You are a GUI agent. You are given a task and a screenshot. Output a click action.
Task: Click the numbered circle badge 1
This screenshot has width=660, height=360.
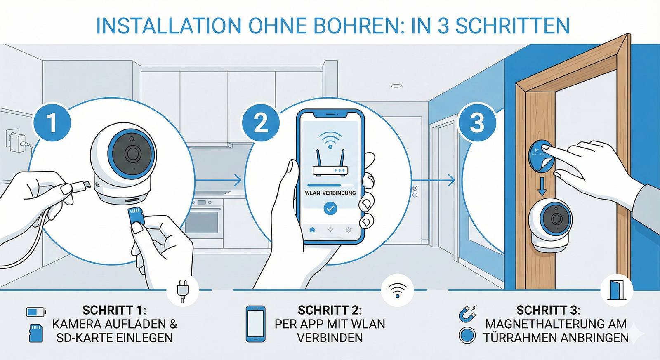pyautogui.click(x=52, y=122)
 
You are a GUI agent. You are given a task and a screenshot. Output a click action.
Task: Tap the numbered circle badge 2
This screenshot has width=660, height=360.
pyautogui.click(x=261, y=122)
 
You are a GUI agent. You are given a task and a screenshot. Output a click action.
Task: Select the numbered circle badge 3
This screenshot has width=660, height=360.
pyautogui.click(x=477, y=122)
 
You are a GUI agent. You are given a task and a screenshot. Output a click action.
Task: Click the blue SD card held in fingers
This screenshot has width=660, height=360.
pyautogui.click(x=136, y=216)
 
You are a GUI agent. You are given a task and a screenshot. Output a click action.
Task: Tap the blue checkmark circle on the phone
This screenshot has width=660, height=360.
pyautogui.click(x=330, y=209)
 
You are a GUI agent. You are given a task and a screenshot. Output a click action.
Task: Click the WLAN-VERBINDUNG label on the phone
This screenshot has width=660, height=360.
pyautogui.click(x=330, y=193)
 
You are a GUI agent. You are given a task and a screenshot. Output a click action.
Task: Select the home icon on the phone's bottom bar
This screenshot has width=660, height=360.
pyautogui.click(x=312, y=230)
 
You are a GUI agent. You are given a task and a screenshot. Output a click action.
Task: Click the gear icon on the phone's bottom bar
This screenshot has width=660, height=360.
pyautogui.click(x=349, y=230)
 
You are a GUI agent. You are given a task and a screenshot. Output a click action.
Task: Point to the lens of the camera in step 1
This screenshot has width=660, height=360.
pyautogui.click(x=132, y=153)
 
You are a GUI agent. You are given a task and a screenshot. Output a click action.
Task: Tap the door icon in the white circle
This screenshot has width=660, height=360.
pyautogui.click(x=617, y=289)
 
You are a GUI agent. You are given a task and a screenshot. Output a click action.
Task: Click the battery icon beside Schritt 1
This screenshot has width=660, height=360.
pyautogui.click(x=36, y=312)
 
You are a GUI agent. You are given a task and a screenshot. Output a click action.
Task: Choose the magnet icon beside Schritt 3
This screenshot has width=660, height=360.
pyautogui.click(x=467, y=313)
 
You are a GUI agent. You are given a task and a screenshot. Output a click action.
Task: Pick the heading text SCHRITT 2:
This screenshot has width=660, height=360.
pyautogui.click(x=330, y=310)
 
